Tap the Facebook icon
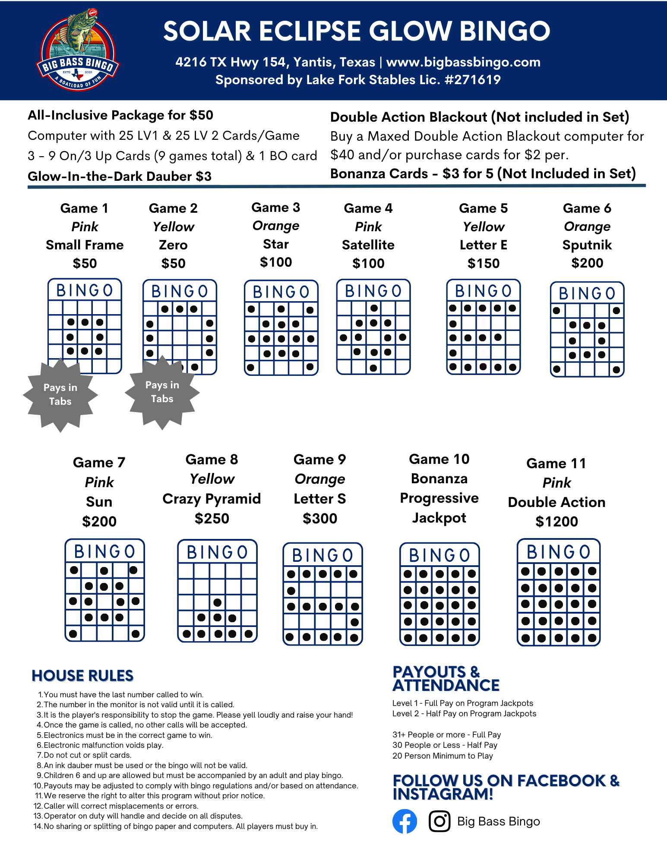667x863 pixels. (x=405, y=821)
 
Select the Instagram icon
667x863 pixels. (x=439, y=821)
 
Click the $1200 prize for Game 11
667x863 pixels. (x=556, y=521)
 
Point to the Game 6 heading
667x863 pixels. (x=587, y=208)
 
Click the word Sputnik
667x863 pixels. (x=587, y=245)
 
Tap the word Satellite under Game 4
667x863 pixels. (x=368, y=245)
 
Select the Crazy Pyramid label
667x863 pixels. (x=212, y=499)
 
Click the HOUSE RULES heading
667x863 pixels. (x=82, y=676)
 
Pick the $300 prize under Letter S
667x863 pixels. (x=320, y=518)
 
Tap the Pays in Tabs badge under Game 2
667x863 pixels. (x=162, y=392)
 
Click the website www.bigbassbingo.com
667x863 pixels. (x=463, y=62)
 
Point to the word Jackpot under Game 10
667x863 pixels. (x=439, y=518)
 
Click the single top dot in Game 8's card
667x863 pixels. (x=218, y=602)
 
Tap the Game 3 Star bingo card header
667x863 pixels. (x=281, y=292)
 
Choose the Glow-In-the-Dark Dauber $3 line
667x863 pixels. (x=120, y=176)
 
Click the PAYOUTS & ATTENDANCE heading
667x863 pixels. (x=446, y=679)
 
